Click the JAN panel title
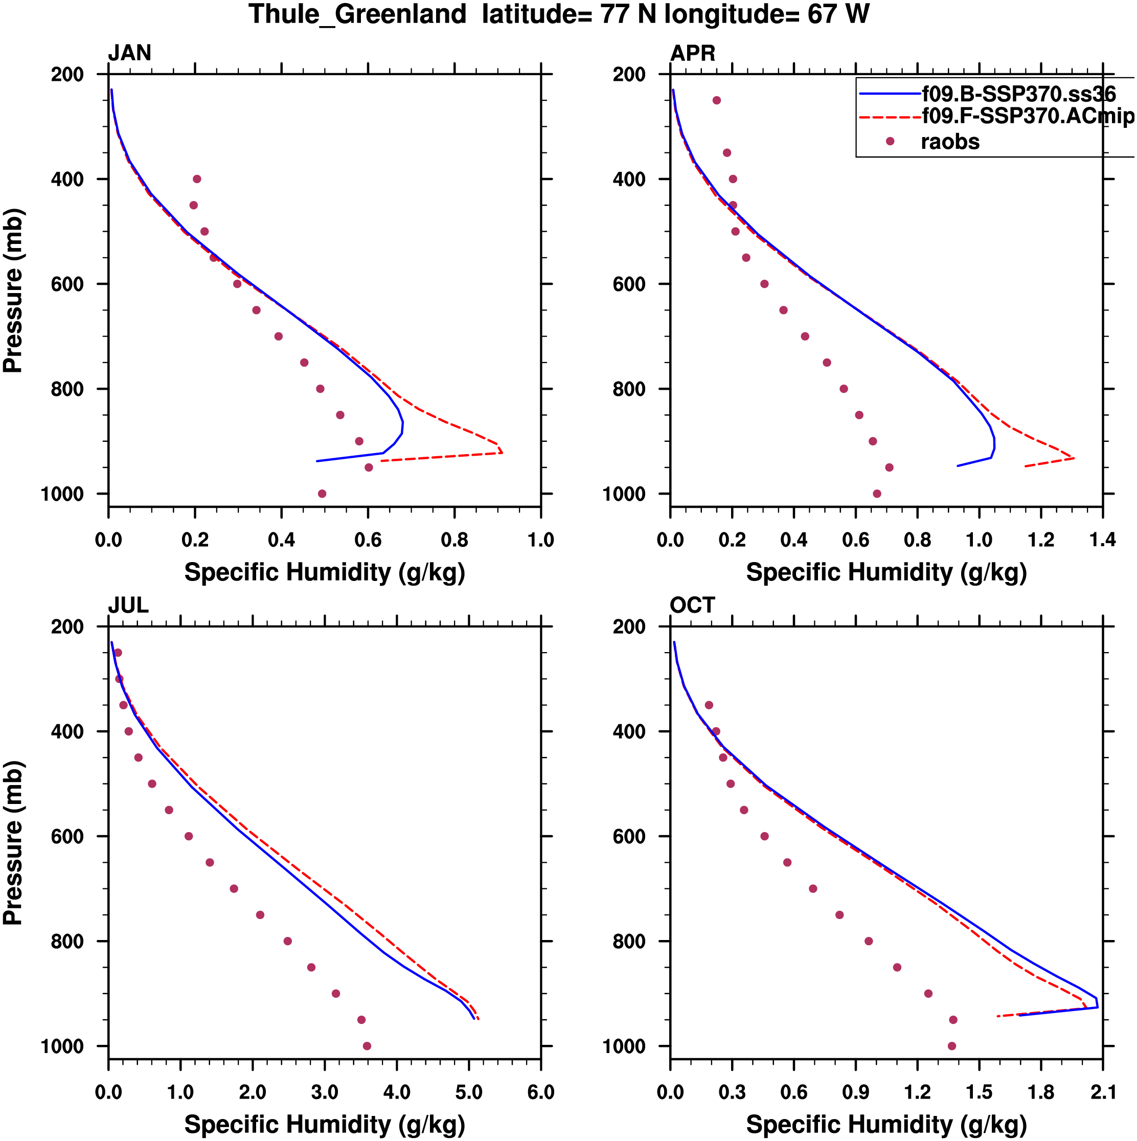(x=129, y=53)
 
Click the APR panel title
(x=692, y=53)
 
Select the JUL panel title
(x=128, y=606)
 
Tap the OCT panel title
(x=692, y=606)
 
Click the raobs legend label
(x=950, y=142)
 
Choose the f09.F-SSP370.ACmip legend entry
(x=1027, y=116)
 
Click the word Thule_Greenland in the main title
(x=357, y=14)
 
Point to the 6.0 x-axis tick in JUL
(x=540, y=1091)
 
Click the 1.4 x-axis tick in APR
(x=1102, y=540)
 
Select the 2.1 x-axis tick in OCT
(x=1102, y=1091)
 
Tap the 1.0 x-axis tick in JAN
(x=540, y=540)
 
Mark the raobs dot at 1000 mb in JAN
(x=322, y=494)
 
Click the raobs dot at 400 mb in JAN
(x=197, y=179)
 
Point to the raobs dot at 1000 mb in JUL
(x=367, y=1046)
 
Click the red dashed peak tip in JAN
(x=502, y=453)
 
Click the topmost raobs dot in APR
(x=717, y=100)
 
